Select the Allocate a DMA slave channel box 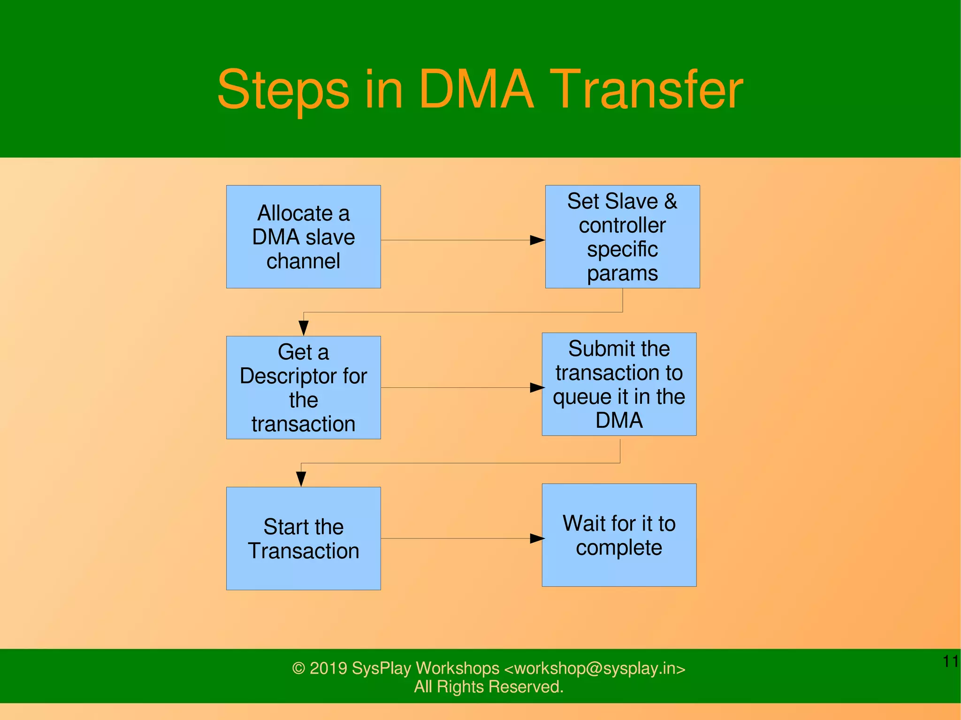coord(303,236)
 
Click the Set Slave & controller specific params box coord(622,236)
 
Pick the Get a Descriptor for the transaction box coord(303,387)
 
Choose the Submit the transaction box coord(619,384)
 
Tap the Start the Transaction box coord(303,538)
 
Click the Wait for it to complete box coord(619,535)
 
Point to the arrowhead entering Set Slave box coord(537,240)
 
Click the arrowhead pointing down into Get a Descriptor coord(304,327)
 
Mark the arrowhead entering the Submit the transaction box coord(537,387)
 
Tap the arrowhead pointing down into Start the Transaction coord(301,478)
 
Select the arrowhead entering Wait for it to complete coord(537,538)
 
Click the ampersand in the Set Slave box coord(671,201)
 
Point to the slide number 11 coord(950,661)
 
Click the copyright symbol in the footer coord(299,668)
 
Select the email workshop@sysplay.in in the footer coord(594,668)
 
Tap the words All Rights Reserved coord(488,687)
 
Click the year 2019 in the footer coord(328,668)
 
